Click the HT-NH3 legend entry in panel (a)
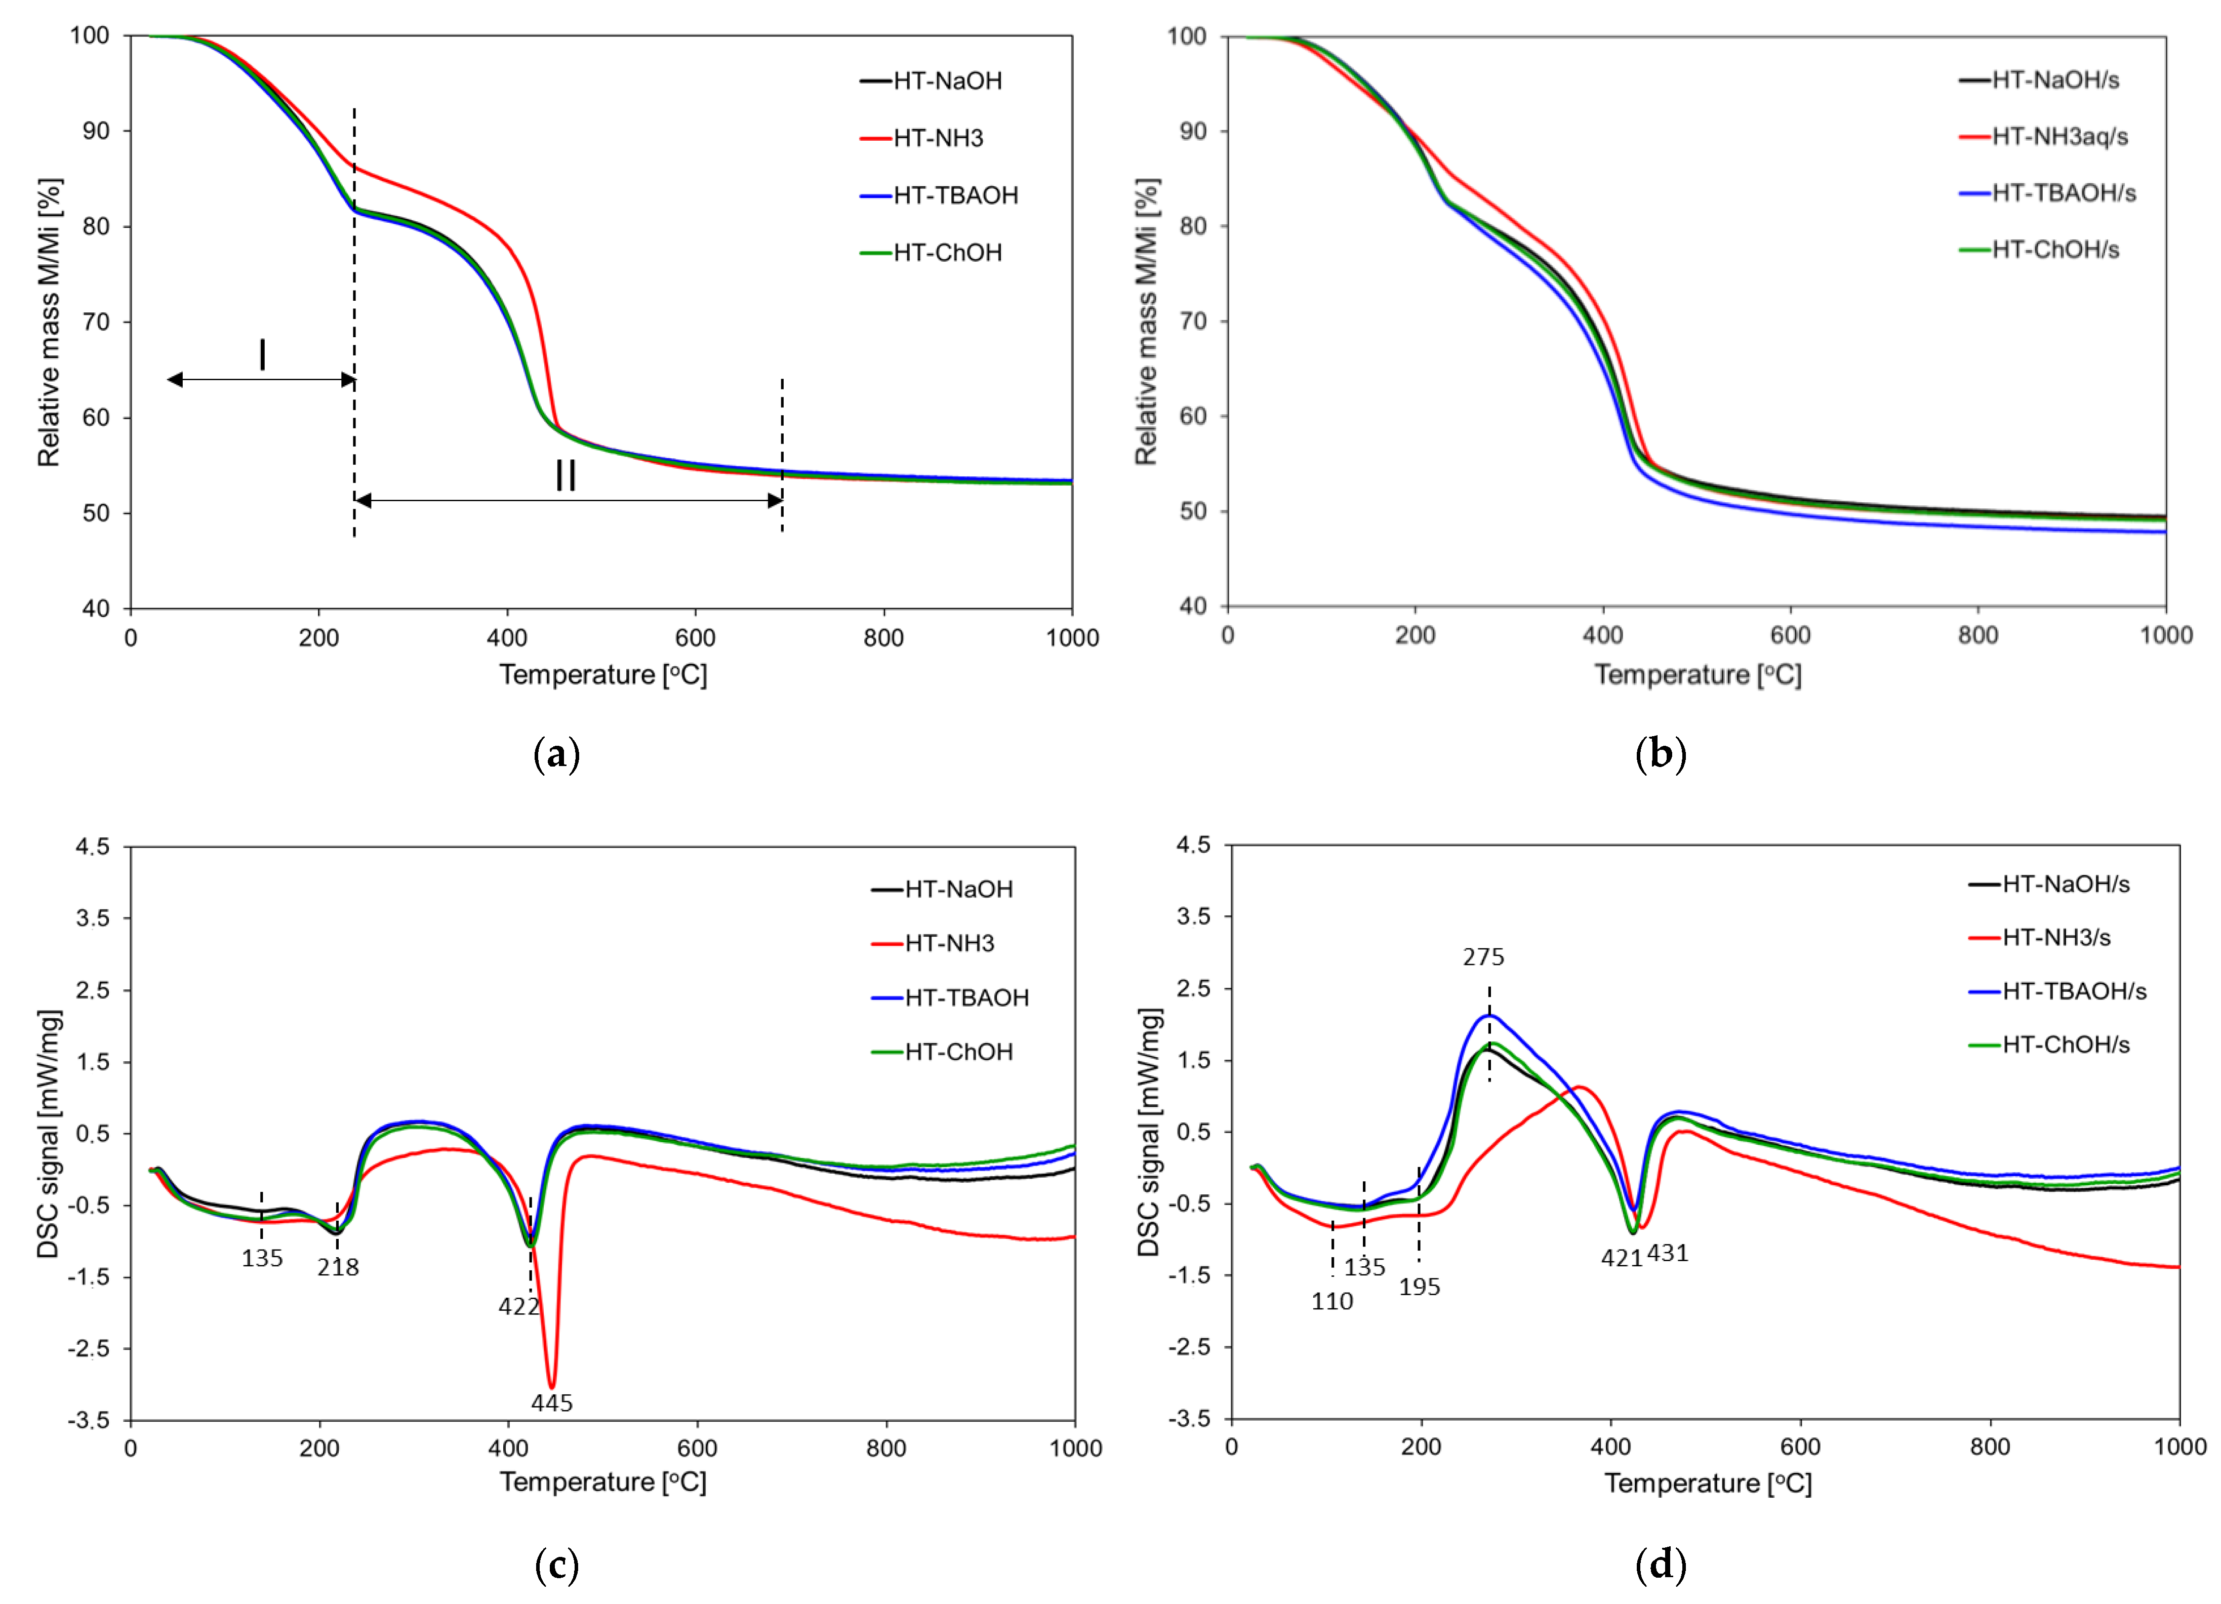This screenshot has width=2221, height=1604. [x=937, y=138]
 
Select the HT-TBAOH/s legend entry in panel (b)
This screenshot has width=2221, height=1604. [x=2064, y=193]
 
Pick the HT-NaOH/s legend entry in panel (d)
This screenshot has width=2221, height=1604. [x=2065, y=884]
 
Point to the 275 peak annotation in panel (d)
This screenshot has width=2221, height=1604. [x=1483, y=957]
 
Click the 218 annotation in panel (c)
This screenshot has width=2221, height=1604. [x=338, y=1267]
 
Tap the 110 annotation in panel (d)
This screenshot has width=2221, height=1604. [x=1332, y=1301]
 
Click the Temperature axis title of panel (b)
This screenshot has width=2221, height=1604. [x=1697, y=675]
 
